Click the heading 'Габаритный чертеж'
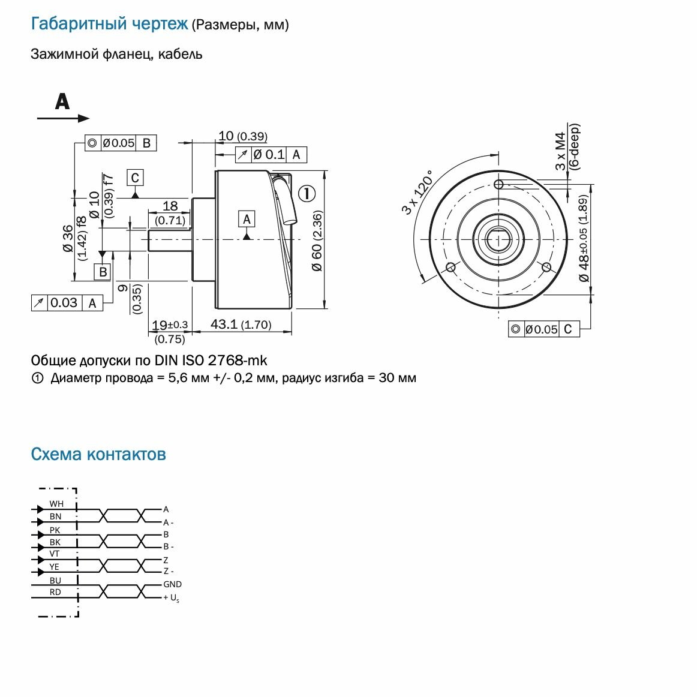pyautogui.click(x=109, y=24)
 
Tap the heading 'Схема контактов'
pyautogui.click(x=98, y=454)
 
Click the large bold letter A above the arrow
pyautogui.click(x=62, y=101)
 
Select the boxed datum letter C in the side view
pyautogui.click(x=135, y=178)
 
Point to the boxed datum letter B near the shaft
pyautogui.click(x=103, y=272)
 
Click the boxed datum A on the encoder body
pyautogui.click(x=247, y=220)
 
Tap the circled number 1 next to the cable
pyautogui.click(x=307, y=194)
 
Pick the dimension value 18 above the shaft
pyautogui.click(x=170, y=206)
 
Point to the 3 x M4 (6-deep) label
pyautogui.click(x=567, y=148)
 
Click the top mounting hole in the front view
pyautogui.click(x=498, y=184)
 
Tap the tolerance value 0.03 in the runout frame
pyautogui.click(x=64, y=303)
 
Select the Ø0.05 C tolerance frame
pyautogui.click(x=543, y=329)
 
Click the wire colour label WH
pyautogui.click(x=56, y=504)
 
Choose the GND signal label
pyautogui.click(x=172, y=584)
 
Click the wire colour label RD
pyautogui.click(x=55, y=592)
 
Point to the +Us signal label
pyautogui.click(x=171, y=598)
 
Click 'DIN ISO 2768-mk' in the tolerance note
pyautogui.click(x=211, y=360)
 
